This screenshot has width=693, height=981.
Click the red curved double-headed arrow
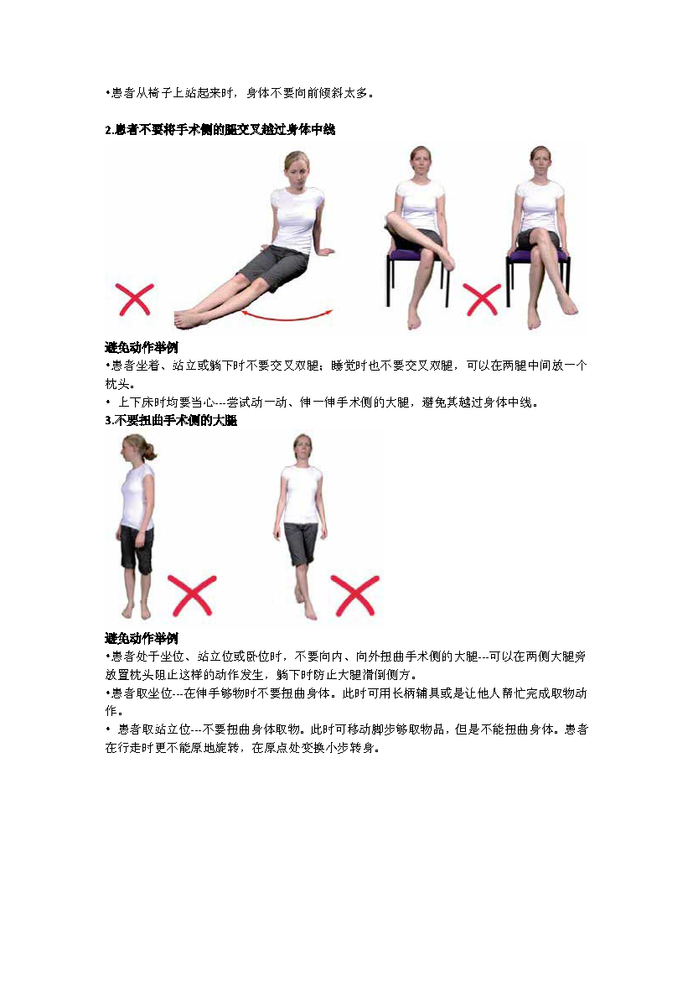point(287,318)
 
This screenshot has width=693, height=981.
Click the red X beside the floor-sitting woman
point(135,299)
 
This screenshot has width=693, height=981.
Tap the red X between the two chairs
point(482,299)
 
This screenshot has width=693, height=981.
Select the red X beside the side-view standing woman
point(192,595)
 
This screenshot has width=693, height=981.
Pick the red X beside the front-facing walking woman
point(354,595)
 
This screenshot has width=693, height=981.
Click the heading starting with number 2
point(220,129)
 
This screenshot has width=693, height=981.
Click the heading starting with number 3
point(171,420)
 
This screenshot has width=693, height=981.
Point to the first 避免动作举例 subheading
point(142,347)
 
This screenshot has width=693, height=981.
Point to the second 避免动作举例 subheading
point(142,638)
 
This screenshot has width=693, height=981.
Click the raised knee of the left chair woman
point(393,220)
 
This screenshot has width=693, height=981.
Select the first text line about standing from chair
point(239,93)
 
